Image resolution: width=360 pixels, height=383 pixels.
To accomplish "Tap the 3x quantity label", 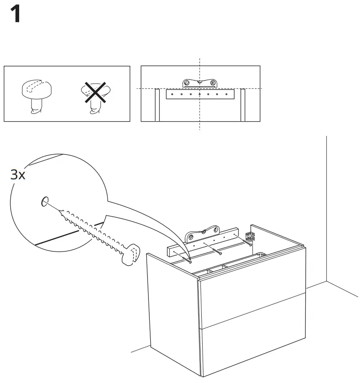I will pyautogui.click(x=18, y=175).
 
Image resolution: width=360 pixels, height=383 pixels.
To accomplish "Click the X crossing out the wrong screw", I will pyautogui.click(x=96, y=92).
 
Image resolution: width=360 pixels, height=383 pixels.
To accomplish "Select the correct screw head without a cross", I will pyautogui.click(x=36, y=89).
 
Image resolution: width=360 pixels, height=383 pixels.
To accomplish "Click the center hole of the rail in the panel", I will pyautogui.click(x=200, y=94).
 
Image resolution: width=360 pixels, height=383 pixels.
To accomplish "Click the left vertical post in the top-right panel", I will pyautogui.click(x=157, y=105).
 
